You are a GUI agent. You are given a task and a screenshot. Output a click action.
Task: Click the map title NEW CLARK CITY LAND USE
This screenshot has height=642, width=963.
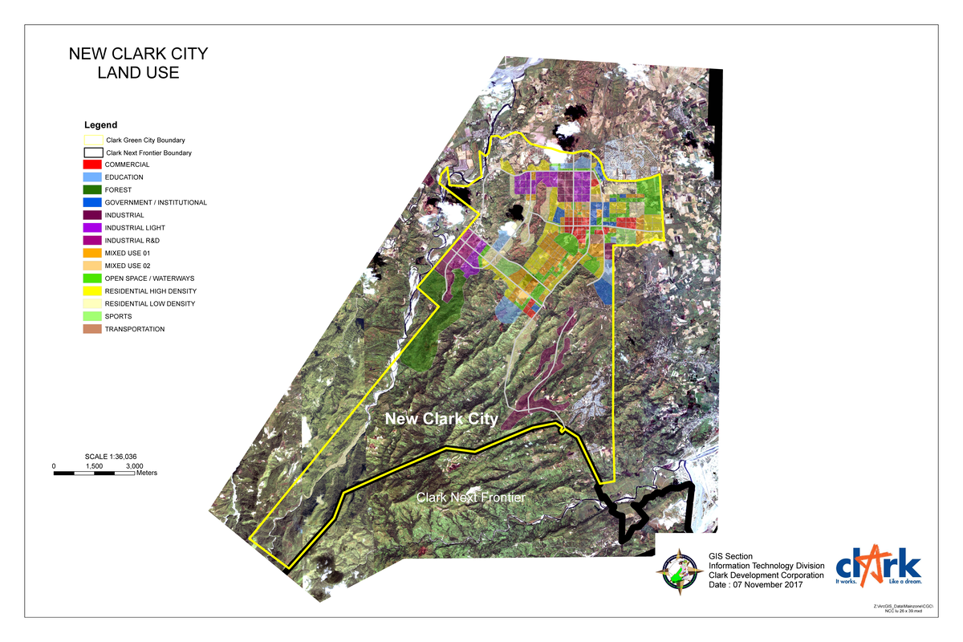click(x=138, y=63)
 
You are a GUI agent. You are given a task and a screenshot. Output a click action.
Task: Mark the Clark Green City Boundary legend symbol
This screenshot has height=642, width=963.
click(x=94, y=140)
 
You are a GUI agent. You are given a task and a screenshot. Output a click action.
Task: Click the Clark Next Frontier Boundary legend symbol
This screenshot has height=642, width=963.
click(x=94, y=152)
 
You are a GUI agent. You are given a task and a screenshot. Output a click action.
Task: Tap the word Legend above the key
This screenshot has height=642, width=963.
click(x=100, y=125)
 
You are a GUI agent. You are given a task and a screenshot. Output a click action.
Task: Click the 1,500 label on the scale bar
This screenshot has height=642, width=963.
click(x=94, y=465)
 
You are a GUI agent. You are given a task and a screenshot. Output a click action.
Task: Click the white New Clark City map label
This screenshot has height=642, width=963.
click(x=441, y=419)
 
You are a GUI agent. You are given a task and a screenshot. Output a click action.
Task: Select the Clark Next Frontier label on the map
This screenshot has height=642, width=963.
click(x=470, y=498)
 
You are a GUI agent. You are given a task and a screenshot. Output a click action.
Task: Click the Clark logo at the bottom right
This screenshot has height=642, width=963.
click(x=878, y=566)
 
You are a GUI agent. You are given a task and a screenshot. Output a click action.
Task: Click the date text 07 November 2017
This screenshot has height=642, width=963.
click(x=767, y=585)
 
